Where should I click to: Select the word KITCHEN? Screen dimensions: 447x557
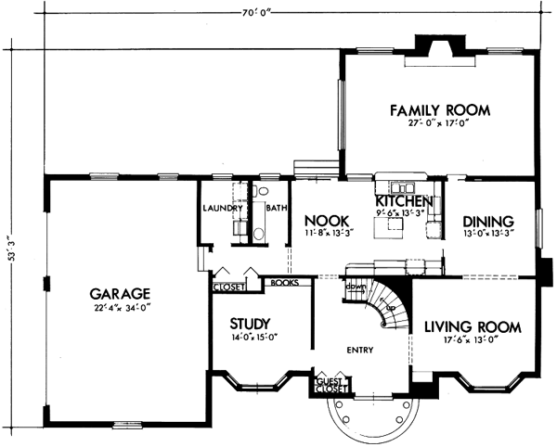point(404,200)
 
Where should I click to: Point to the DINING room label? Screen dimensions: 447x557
point(487,222)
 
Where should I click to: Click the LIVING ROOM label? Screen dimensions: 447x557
point(473,326)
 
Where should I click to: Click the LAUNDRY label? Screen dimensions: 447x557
point(222,208)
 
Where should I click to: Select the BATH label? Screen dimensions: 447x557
point(277,208)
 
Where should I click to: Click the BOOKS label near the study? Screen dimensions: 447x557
point(283,281)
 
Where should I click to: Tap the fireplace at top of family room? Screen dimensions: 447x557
point(439,47)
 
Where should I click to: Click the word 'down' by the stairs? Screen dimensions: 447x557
point(355,287)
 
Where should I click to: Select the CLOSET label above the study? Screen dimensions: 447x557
point(228,287)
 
